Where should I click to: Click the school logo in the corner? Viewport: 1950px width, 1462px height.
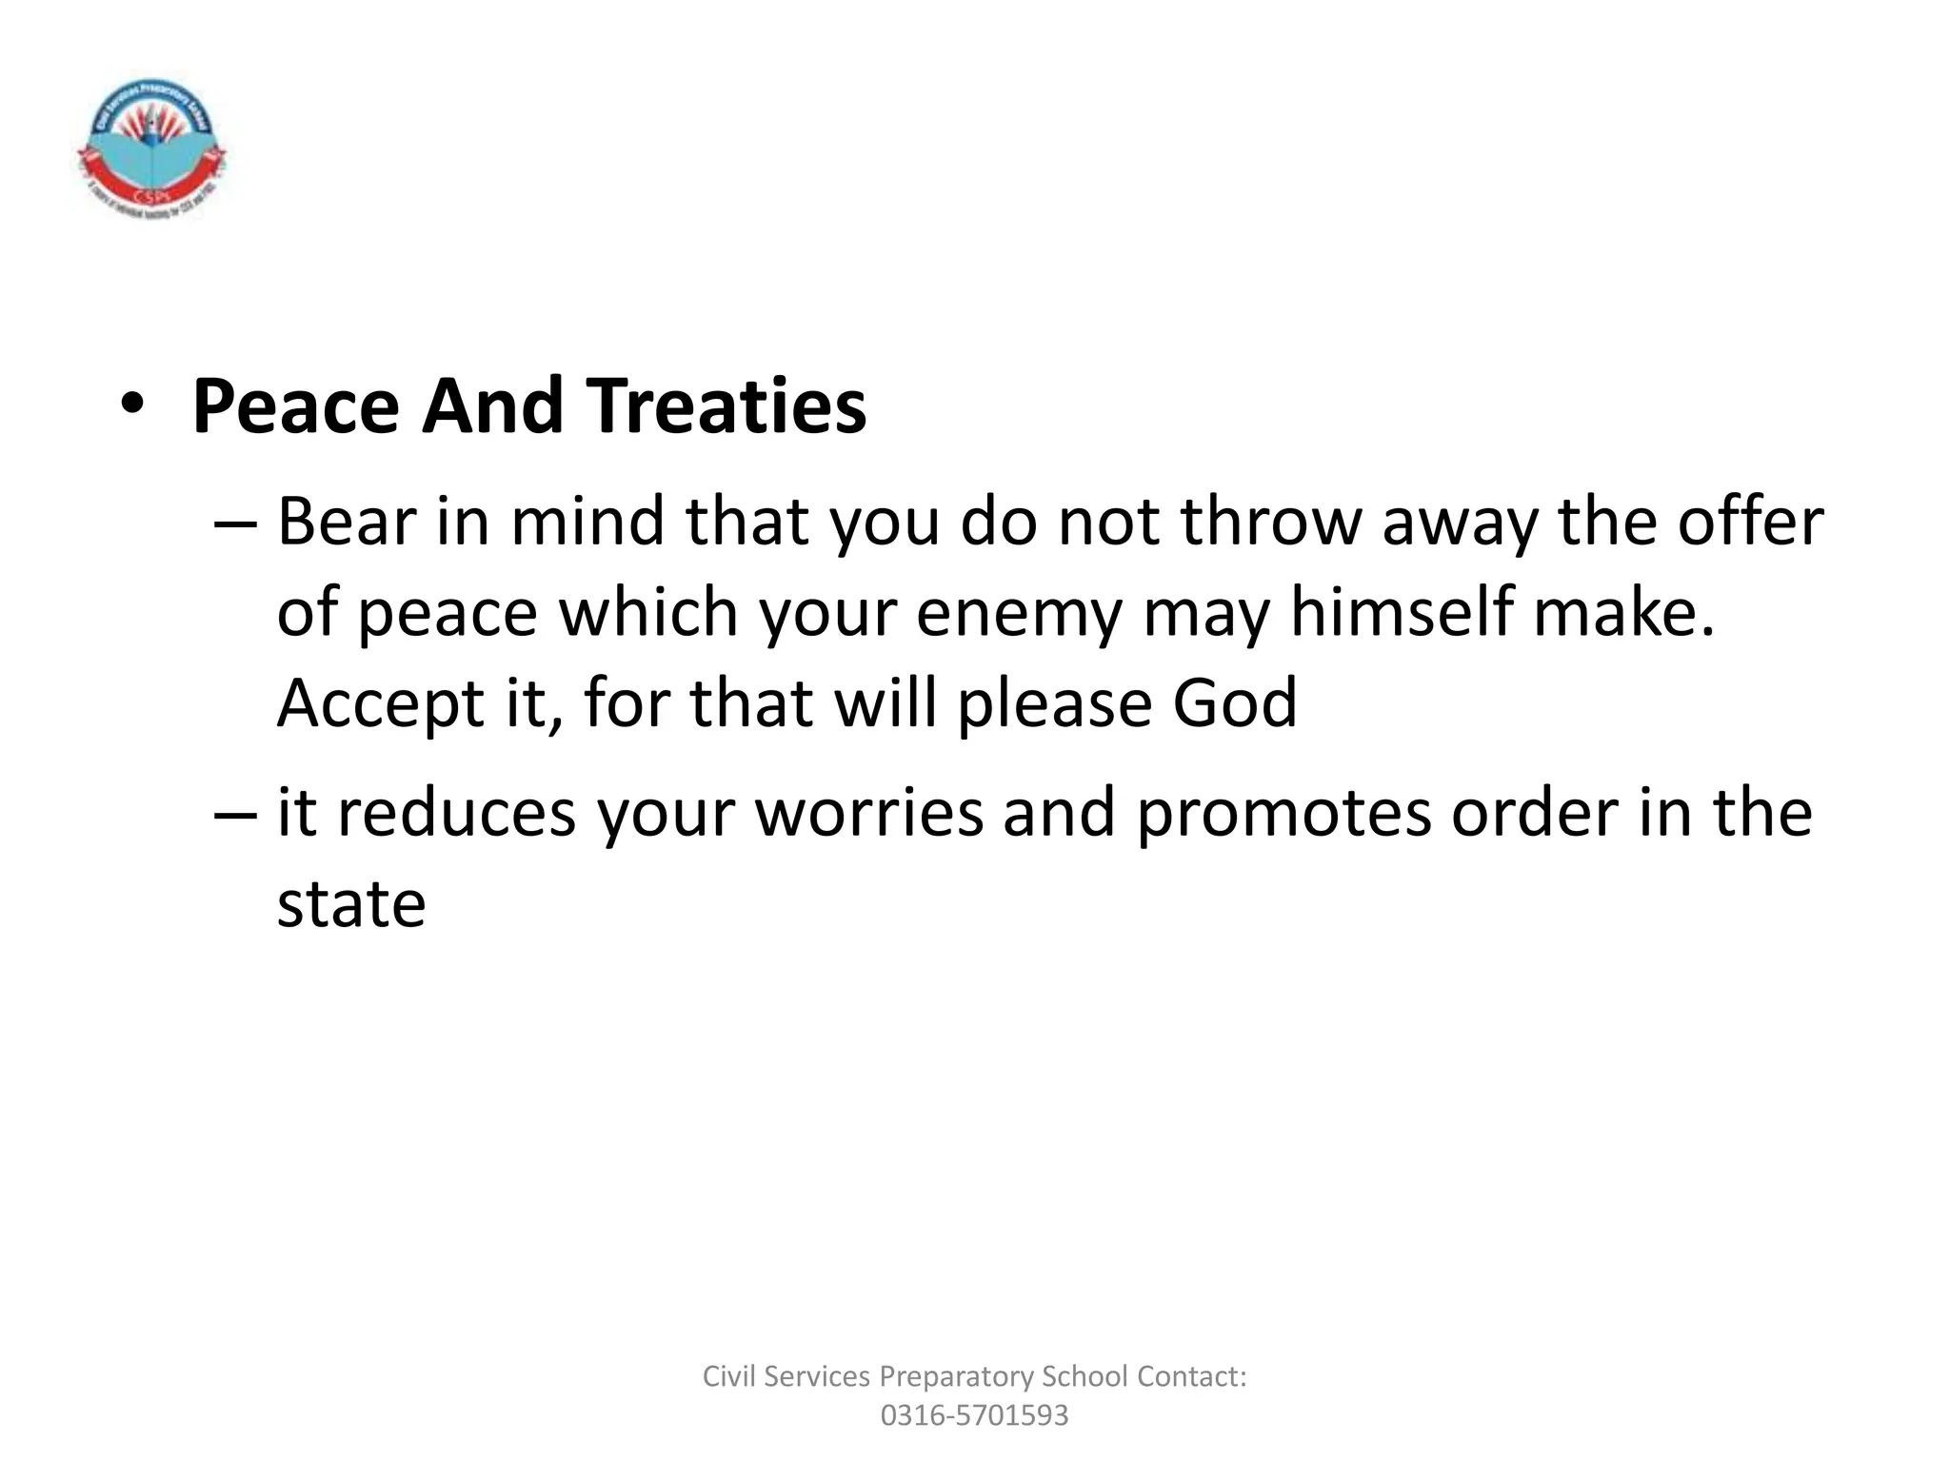click(151, 148)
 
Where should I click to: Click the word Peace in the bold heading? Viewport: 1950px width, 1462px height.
click(295, 406)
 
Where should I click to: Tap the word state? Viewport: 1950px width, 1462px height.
click(350, 904)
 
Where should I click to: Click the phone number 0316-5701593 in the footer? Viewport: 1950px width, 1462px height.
click(974, 1415)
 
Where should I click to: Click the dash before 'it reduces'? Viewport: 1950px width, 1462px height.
click(235, 814)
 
